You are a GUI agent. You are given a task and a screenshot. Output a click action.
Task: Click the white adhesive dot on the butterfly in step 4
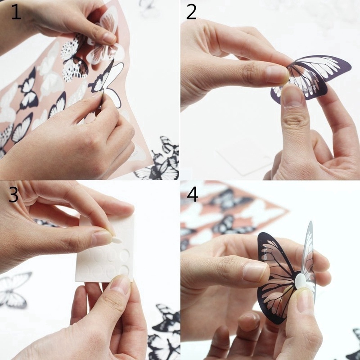[301, 282]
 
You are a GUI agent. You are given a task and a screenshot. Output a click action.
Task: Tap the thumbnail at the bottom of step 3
[120, 285]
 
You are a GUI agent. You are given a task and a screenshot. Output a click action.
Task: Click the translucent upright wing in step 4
[308, 257]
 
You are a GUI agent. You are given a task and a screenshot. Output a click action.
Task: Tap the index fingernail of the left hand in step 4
[256, 272]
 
